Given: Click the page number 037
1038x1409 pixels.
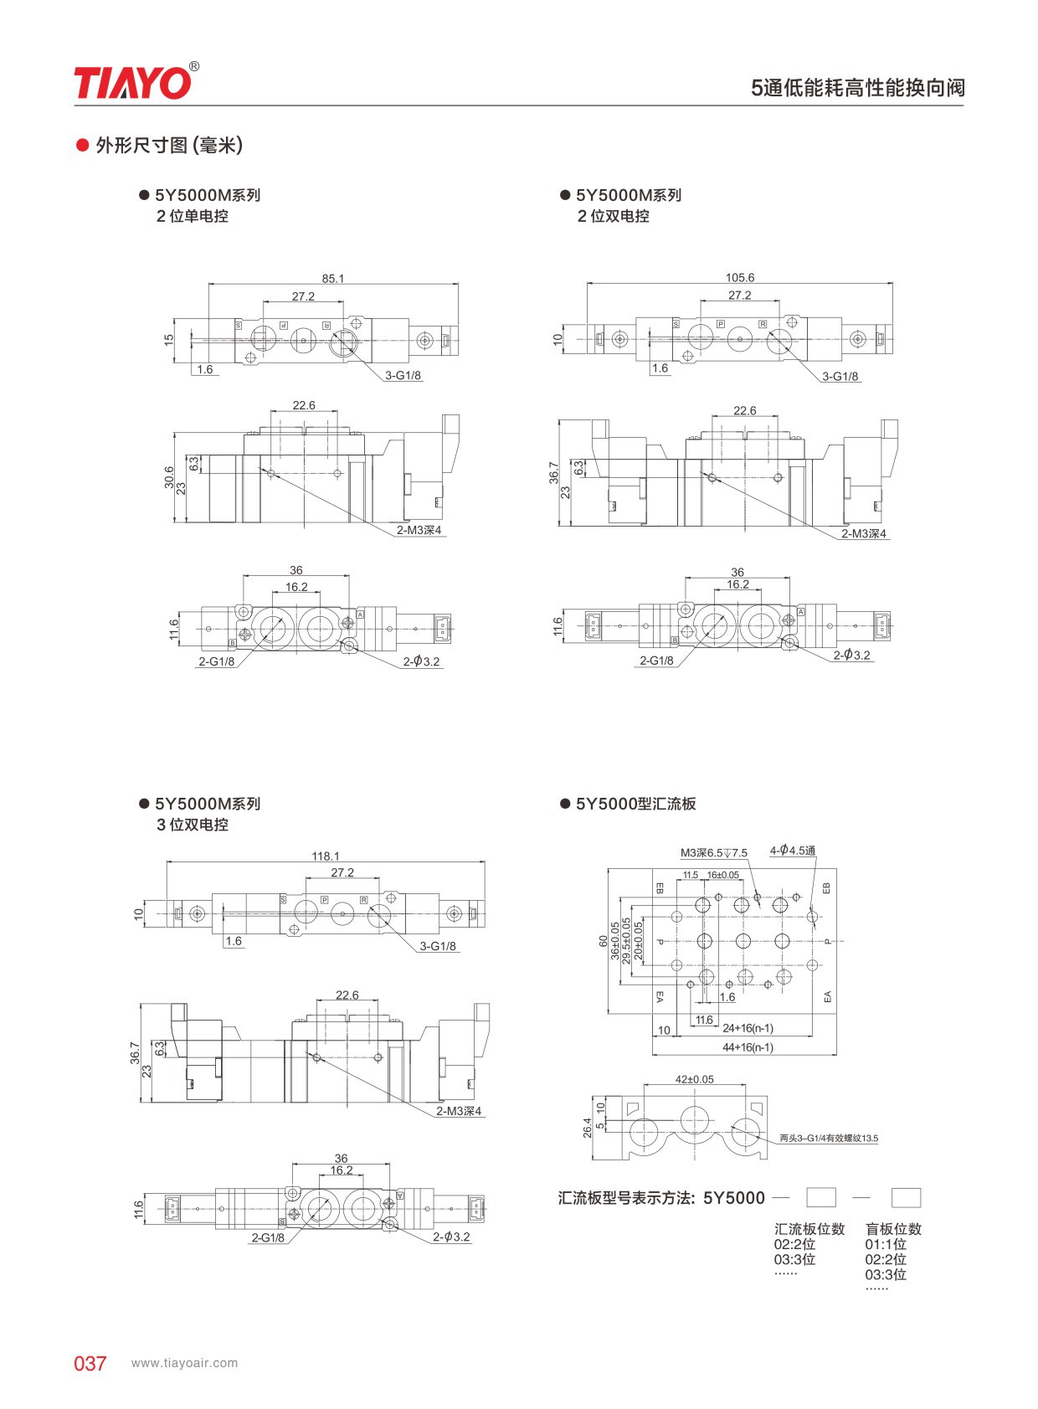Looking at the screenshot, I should click(x=90, y=1363).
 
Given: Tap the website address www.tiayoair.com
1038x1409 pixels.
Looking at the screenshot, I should click(x=184, y=1363).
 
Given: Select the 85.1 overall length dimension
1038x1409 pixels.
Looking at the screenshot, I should click(x=332, y=278).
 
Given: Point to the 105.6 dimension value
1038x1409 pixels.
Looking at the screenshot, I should click(x=739, y=277).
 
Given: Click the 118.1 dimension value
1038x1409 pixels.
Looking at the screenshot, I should click(x=325, y=856).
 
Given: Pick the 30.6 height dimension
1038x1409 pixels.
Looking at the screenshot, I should click(x=169, y=477).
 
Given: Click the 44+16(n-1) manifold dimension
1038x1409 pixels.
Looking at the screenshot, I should click(x=748, y=1047).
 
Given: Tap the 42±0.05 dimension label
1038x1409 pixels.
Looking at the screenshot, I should click(x=694, y=1079).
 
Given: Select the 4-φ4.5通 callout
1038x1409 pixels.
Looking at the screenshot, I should click(x=792, y=851).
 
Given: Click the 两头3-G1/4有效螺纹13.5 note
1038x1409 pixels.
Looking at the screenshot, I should click(x=828, y=1138).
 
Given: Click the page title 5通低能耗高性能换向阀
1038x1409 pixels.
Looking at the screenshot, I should click(x=857, y=88).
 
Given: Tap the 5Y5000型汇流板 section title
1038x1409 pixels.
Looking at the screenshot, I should click(x=635, y=804).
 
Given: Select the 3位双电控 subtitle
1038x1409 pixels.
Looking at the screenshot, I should click(x=192, y=825).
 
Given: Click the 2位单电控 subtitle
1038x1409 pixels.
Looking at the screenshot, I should click(x=192, y=216).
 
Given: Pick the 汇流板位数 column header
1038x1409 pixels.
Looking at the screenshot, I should click(x=809, y=1229).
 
